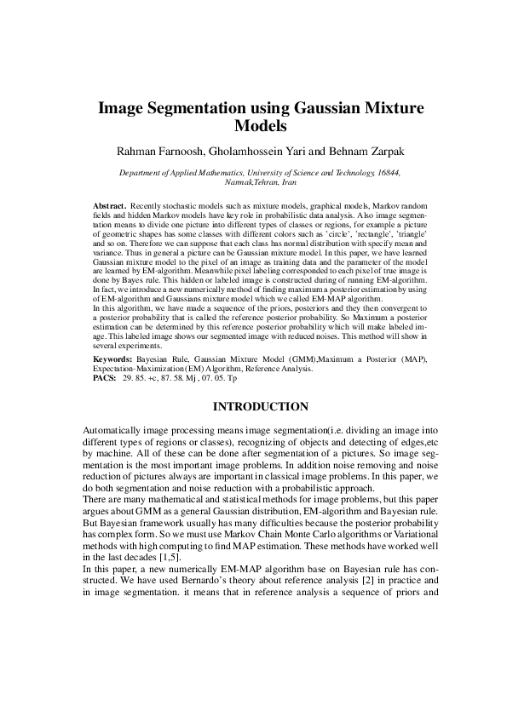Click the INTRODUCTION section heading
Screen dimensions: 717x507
click(x=254, y=406)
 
